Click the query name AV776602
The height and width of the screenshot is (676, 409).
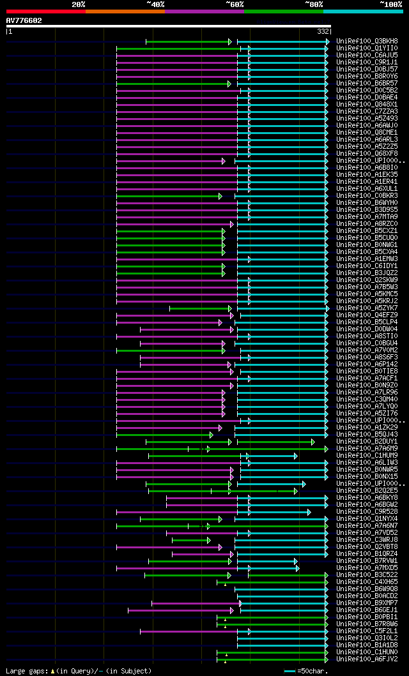point(24,20)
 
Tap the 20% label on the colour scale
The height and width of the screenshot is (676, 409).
point(79,4)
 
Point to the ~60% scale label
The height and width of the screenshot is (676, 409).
point(235,4)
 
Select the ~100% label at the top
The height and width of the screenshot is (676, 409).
point(390,4)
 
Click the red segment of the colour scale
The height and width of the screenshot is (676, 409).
point(45,11)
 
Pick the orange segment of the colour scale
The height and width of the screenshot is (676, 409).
point(125,11)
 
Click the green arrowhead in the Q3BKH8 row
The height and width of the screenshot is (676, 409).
point(229,41)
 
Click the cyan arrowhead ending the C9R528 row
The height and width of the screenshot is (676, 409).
point(309,512)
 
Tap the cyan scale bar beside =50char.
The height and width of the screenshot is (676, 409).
point(289,672)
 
